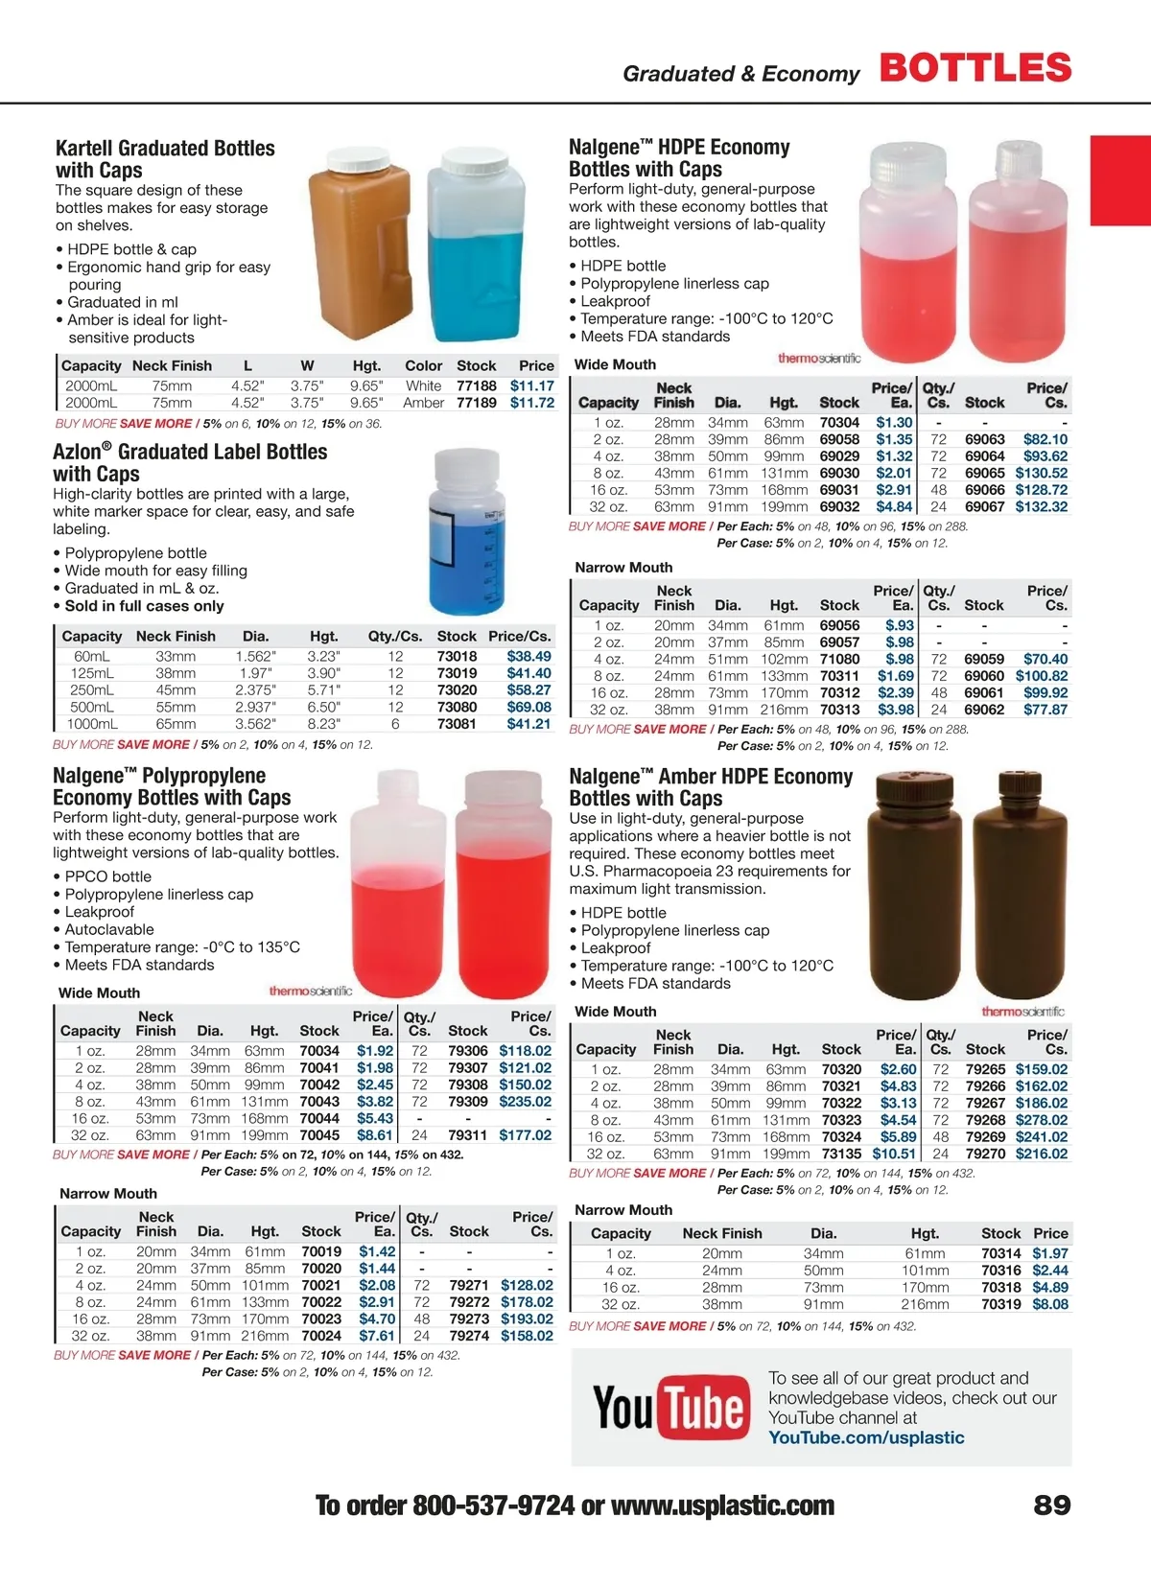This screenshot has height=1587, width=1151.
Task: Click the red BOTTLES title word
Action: point(975,68)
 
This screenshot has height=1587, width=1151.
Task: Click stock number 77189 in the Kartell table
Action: point(476,403)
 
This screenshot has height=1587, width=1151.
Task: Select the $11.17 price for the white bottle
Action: point(531,385)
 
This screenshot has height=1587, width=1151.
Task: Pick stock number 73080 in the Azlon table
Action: point(457,707)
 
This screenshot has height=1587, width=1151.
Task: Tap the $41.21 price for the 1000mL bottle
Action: point(529,724)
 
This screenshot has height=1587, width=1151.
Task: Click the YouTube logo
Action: point(670,1408)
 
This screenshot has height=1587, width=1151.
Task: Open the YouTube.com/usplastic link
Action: point(866,1437)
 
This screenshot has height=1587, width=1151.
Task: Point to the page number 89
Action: point(1051,1505)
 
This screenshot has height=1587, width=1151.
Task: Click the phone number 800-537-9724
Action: point(493,1505)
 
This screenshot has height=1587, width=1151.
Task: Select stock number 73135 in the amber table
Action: point(841,1154)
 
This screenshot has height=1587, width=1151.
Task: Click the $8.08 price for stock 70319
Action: point(1049,1304)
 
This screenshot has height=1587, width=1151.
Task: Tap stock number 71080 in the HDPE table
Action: point(839,659)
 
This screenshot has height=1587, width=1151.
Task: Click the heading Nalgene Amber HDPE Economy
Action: point(710,777)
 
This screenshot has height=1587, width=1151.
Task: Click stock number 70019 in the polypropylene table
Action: point(320,1251)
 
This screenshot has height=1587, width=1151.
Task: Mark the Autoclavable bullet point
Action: point(108,929)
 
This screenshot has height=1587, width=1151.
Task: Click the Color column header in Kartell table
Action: point(423,365)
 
